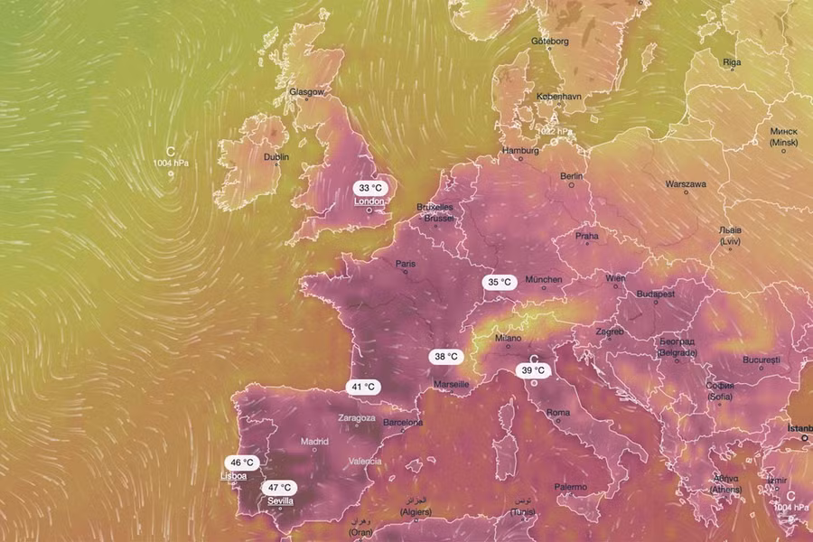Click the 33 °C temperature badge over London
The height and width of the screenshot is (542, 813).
click(369, 188)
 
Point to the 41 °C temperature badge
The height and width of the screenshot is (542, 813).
click(363, 387)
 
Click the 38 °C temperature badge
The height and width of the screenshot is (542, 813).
click(444, 356)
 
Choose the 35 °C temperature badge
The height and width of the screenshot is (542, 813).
click(500, 282)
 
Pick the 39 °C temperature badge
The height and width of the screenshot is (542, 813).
click(533, 370)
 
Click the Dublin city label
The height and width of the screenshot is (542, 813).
click(276, 157)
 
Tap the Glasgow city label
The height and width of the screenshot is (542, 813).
click(305, 92)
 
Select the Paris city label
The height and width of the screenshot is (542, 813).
click(406, 265)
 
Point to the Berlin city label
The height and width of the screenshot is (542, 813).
click(571, 176)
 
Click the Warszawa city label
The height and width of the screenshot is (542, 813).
click(686, 183)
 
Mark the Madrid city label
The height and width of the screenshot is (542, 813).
click(314, 442)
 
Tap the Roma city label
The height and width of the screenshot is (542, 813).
click(558, 413)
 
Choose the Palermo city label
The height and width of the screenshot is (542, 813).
click(570, 487)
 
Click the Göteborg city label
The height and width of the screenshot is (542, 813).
click(550, 42)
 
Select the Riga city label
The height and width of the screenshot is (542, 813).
click(732, 62)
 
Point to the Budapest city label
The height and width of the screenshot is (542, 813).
click(656, 294)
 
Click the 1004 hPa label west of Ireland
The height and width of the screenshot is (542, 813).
click(172, 164)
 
